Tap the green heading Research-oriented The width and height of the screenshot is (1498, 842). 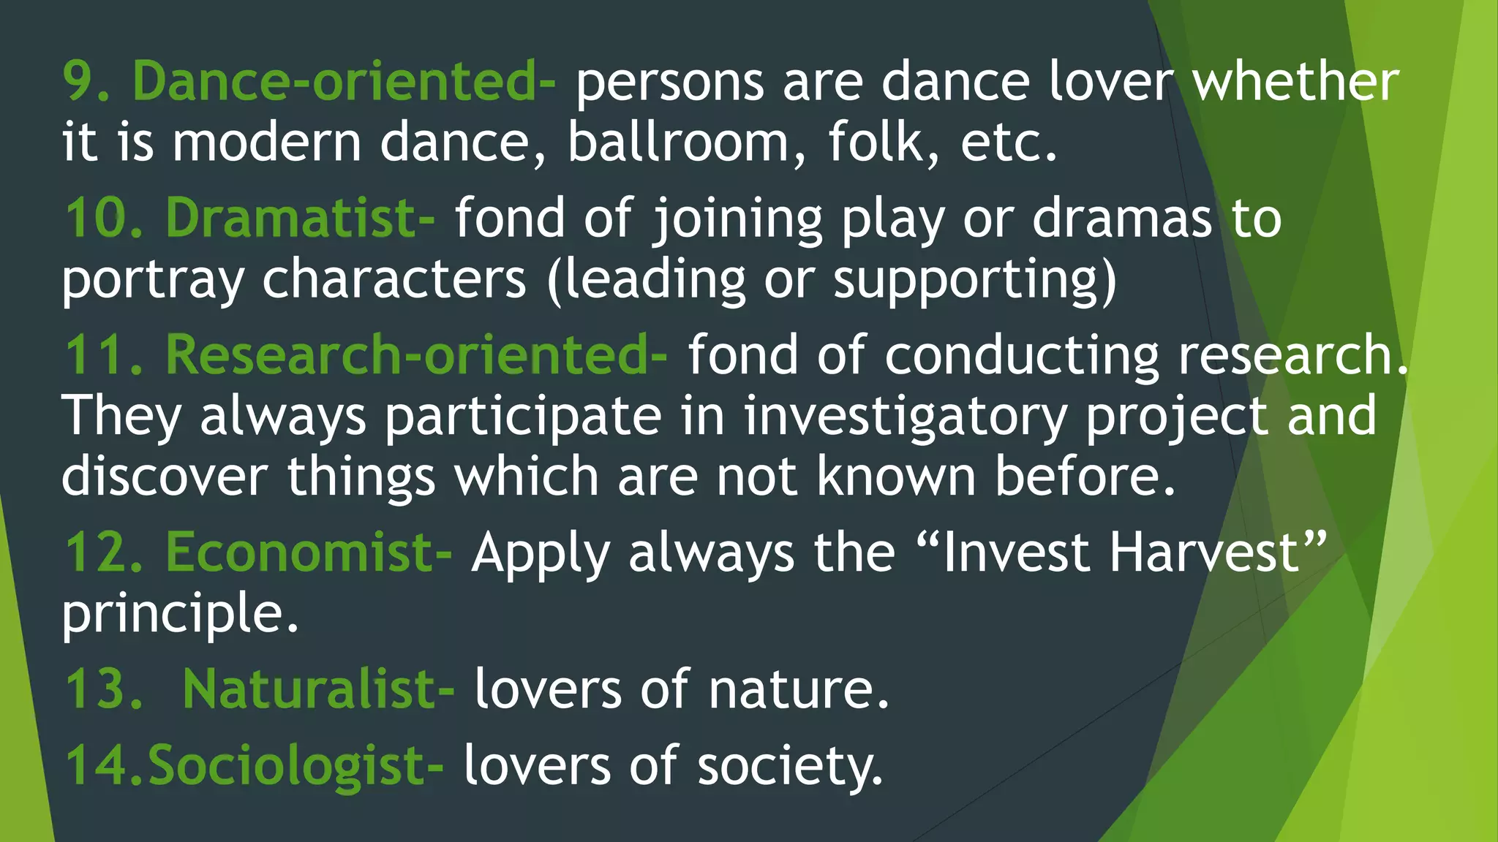[415, 354]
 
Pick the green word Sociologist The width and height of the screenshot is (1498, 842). [295, 766]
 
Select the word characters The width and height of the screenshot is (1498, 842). [394, 279]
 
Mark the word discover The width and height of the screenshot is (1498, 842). [165, 477]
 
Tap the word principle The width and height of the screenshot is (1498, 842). [179, 614]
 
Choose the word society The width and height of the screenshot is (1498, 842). [790, 766]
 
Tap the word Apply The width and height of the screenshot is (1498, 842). [541, 554]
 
